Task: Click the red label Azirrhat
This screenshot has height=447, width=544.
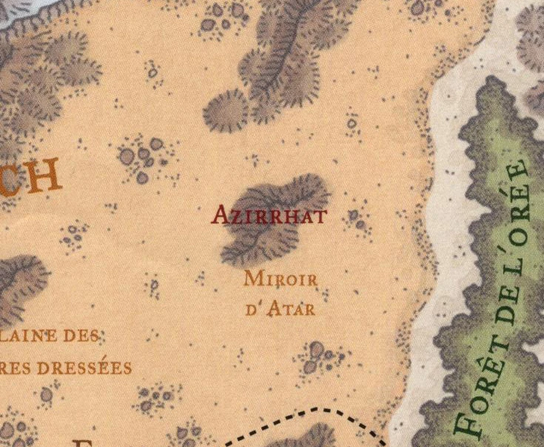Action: coord(269,215)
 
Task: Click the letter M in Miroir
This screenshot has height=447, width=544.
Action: coord(251,279)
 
